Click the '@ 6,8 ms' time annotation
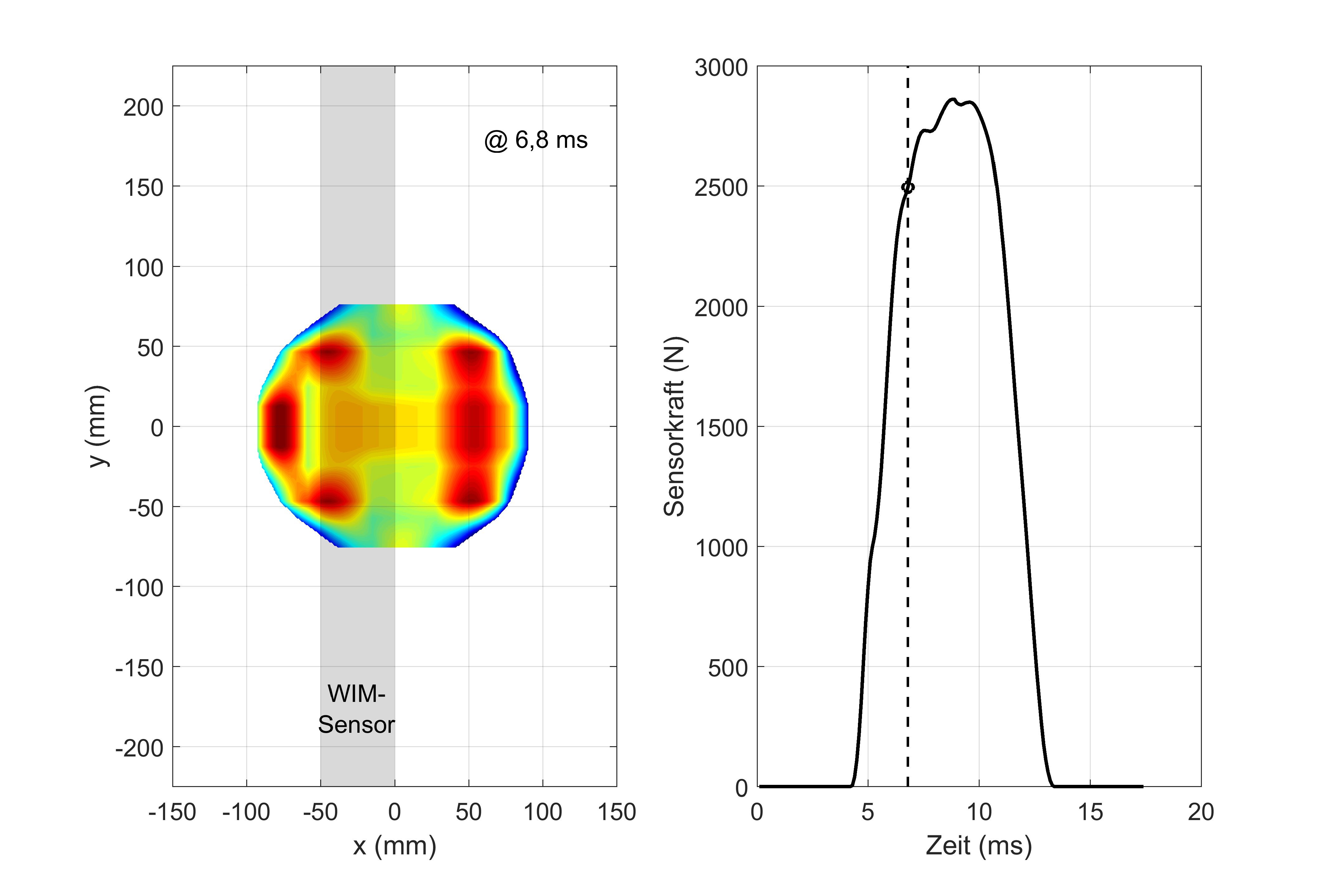click(x=536, y=140)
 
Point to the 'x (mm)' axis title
click(x=394, y=846)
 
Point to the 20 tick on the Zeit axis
click(x=1201, y=812)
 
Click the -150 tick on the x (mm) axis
click(x=172, y=812)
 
